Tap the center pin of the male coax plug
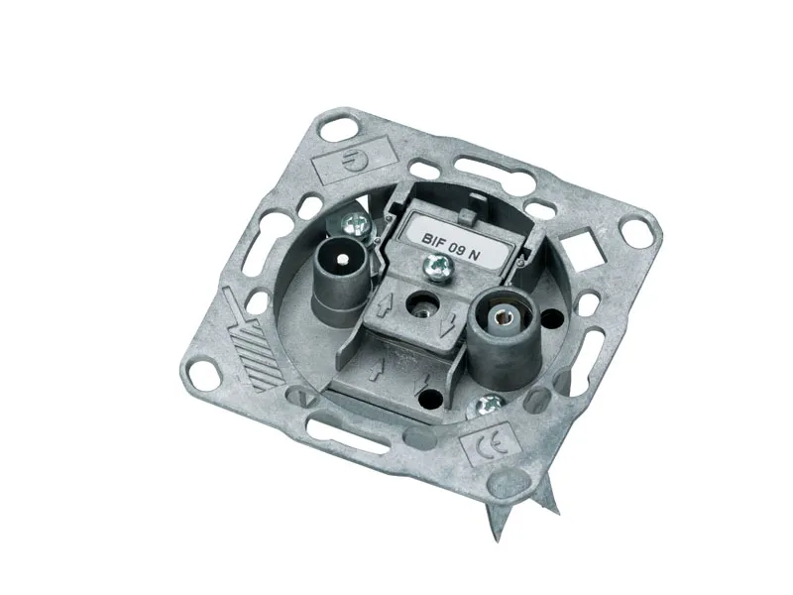pos(343,260)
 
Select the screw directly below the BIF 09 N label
pos(435,266)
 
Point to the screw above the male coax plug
pos(355,224)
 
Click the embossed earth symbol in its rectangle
pos(350,161)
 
